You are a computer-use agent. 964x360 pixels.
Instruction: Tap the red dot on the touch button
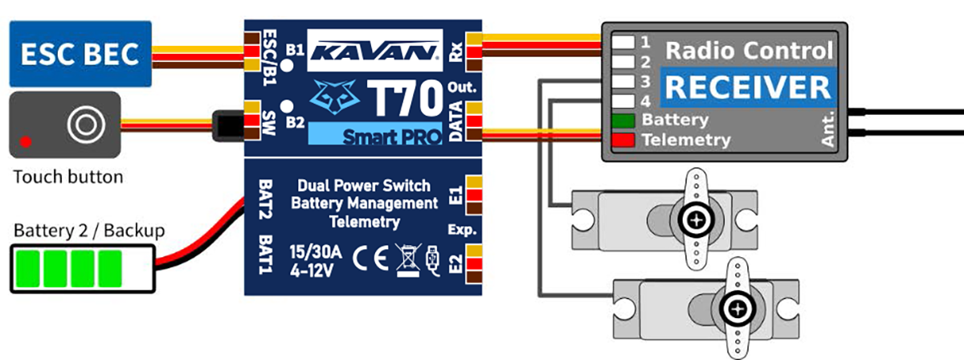click(26, 141)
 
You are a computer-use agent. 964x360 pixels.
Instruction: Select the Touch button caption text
click(68, 177)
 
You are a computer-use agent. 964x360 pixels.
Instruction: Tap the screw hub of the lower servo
click(737, 308)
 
